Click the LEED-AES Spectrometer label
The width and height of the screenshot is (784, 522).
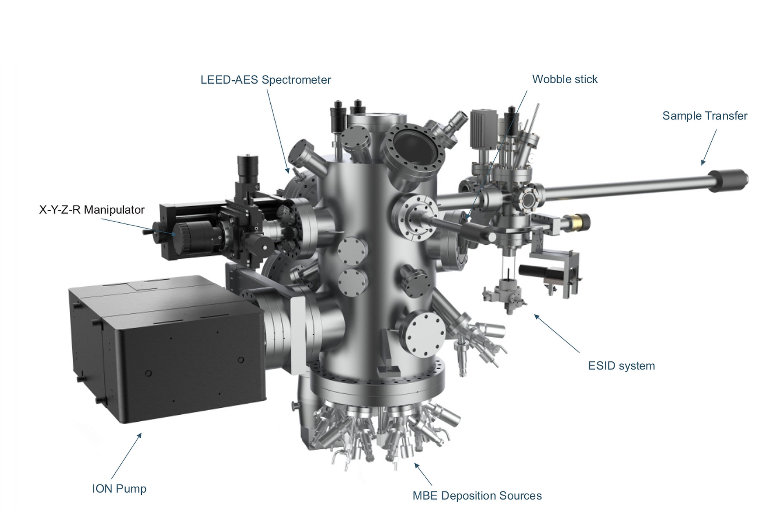pos(265,80)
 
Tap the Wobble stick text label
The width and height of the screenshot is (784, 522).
pos(565,79)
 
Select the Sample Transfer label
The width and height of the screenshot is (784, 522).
pos(705,116)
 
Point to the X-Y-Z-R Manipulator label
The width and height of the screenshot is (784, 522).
pos(92,210)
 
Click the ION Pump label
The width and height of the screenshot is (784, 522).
pos(119,489)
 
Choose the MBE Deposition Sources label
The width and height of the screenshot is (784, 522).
pos(477,496)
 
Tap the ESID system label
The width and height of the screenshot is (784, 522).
pos(621,366)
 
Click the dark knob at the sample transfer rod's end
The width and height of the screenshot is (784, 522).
pos(731,180)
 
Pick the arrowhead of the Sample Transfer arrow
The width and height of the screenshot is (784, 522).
pos(703,162)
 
